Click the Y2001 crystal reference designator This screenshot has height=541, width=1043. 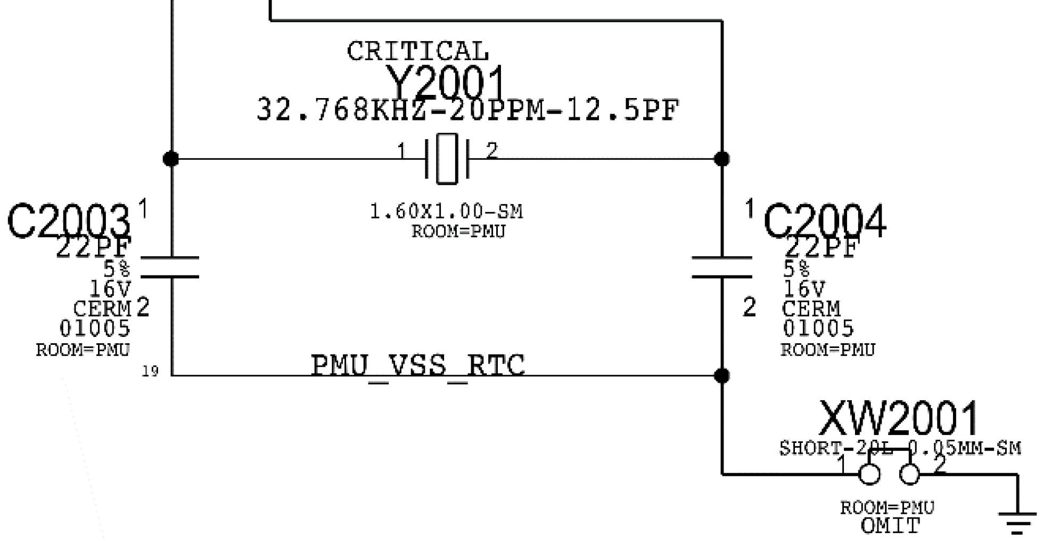[x=445, y=83]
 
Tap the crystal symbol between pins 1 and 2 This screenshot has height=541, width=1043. [x=447, y=158]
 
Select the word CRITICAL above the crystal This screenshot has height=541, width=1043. [x=417, y=52]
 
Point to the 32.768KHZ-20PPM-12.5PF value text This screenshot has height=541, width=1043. [x=467, y=110]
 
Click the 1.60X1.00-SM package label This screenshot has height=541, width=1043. [x=446, y=212]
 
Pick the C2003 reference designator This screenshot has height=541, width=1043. [x=68, y=222]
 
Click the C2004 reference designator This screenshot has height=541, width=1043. [x=825, y=222]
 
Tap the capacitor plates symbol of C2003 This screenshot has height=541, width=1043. [x=171, y=267]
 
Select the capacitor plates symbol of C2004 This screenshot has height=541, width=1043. [x=722, y=267]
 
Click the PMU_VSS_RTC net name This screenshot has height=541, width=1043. [x=418, y=366]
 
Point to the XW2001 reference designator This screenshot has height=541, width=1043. [x=898, y=419]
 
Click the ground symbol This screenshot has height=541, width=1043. [x=1017, y=522]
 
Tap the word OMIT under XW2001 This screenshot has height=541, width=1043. [x=890, y=526]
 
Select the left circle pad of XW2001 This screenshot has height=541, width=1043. [x=869, y=474]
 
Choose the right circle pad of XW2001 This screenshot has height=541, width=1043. [x=909, y=474]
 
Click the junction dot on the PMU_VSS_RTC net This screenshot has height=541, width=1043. [x=722, y=376]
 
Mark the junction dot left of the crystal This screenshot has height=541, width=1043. [x=171, y=158]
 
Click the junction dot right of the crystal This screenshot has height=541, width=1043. [x=722, y=158]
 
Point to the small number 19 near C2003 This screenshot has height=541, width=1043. [x=150, y=371]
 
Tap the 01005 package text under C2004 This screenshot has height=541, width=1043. [x=818, y=328]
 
